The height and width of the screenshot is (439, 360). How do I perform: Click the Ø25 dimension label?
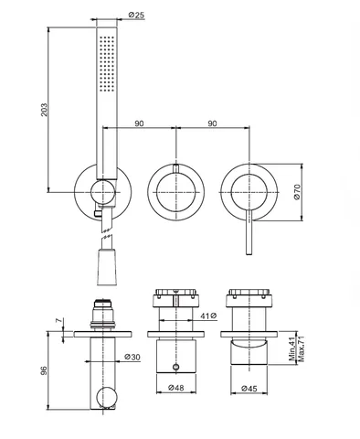136,15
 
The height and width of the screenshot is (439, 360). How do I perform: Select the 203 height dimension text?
44,110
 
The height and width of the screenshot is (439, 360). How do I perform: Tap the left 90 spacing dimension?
139,123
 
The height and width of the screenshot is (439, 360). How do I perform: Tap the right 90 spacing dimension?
212,123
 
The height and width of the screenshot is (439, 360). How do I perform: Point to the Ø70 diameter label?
297,192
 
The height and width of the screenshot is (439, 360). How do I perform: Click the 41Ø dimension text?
208,316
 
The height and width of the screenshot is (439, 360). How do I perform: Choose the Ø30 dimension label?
132,357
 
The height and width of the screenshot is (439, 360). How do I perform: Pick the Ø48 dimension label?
176,388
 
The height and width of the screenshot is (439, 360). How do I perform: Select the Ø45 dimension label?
249,389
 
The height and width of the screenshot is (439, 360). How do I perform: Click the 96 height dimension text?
44,370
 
